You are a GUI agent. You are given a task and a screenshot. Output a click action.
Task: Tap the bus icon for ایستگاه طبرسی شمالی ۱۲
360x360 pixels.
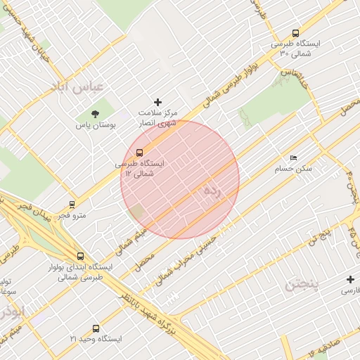139,153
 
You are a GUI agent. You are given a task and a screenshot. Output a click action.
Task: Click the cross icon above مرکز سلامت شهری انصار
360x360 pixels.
157,103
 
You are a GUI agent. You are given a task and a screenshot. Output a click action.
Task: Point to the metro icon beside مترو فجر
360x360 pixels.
72,205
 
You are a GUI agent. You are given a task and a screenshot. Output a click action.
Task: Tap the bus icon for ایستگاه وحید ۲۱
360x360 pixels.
96,328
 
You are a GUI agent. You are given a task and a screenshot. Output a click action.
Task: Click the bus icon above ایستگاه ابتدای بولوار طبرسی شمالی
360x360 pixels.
80,257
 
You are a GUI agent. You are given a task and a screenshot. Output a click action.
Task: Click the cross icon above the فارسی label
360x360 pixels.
349,279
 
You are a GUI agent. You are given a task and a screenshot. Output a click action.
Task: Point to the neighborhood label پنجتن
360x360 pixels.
302,285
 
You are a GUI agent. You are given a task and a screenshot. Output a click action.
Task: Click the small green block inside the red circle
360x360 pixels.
136,212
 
